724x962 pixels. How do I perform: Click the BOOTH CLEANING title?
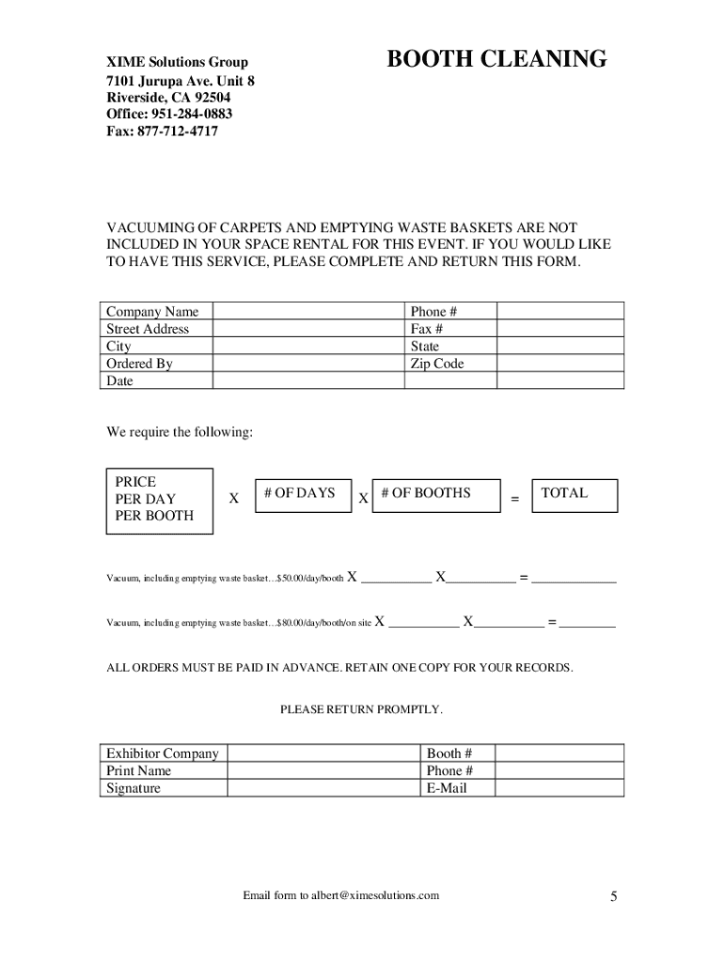[x=497, y=60]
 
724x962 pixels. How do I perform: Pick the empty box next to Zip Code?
[x=559, y=364]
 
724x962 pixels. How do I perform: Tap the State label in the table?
[x=425, y=347]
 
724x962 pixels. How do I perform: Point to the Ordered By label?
[x=139, y=364]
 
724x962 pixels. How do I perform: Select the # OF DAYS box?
[x=300, y=494]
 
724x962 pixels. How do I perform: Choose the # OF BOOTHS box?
[x=436, y=495]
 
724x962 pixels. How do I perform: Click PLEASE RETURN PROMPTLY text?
[x=361, y=709]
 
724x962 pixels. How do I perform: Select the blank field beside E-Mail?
[x=559, y=788]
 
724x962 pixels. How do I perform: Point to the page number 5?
[x=613, y=897]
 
